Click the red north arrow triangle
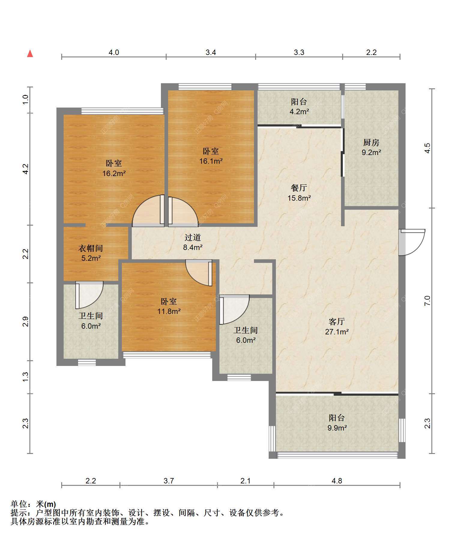[x=30, y=54]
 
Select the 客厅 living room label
[x=337, y=321]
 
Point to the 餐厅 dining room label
[x=299, y=188]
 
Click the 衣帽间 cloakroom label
[x=91, y=248]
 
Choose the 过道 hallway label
[x=192, y=237]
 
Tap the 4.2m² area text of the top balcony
[x=299, y=112]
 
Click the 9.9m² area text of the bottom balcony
[x=337, y=428]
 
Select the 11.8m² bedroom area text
[x=169, y=311]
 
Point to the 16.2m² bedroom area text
[x=114, y=173]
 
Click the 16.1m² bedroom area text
[x=211, y=161]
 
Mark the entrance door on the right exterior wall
[x=412, y=242]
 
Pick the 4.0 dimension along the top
[x=113, y=53]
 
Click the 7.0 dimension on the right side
[x=427, y=301]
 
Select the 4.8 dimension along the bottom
[x=337, y=481]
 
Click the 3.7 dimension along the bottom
[x=169, y=481]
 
